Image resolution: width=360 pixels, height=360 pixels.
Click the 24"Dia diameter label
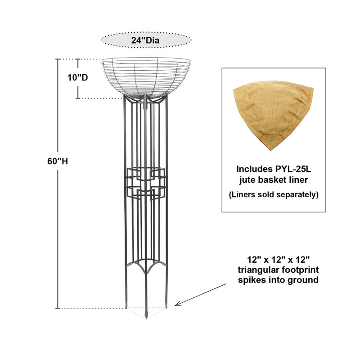[x=145, y=40]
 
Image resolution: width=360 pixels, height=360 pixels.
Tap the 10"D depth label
[x=77, y=77]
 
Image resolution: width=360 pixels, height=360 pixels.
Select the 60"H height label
[x=58, y=162]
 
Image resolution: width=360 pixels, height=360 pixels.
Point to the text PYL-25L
[x=293, y=169]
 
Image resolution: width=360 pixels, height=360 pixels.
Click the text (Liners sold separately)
[x=274, y=195]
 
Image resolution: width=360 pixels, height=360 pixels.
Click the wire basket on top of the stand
[x=145, y=77]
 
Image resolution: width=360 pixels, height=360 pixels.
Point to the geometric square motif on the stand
[x=146, y=184]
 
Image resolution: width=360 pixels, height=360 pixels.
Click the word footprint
[x=299, y=270]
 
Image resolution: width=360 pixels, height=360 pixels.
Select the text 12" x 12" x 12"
[x=278, y=260]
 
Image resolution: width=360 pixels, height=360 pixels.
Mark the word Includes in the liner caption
[x=254, y=169]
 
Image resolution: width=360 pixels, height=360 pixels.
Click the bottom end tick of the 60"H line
[x=58, y=308]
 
